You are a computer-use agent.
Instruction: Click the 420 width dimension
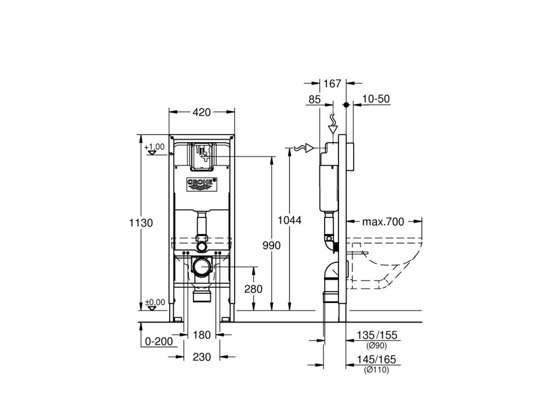pos(202,112)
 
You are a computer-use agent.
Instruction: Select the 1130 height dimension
pos(140,223)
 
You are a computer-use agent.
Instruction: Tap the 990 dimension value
pos(272,245)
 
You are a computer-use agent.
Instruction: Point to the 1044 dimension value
pos(289,220)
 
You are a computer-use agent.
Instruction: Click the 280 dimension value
pos(254,289)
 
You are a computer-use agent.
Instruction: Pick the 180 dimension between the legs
pos(202,335)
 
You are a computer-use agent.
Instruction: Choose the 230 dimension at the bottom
pos(202,357)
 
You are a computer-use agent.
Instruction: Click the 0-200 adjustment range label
pos(159,341)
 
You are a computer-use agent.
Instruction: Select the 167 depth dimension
pos(333,84)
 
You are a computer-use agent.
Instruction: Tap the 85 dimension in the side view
pos(314,99)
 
